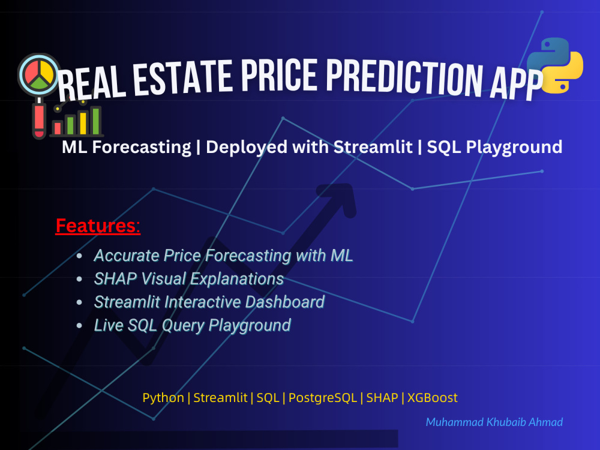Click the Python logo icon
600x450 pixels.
[554, 65]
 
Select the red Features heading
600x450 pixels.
[98, 226]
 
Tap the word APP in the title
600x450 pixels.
[514, 84]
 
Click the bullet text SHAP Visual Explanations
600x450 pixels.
[188, 279]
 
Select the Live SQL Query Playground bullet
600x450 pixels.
[192, 326]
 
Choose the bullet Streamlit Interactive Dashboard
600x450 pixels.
[209, 302]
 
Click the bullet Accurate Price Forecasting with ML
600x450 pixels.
[223, 256]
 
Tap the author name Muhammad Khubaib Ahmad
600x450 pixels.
[494, 422]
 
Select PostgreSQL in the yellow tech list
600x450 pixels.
[323, 397]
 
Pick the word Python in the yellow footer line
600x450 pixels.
[163, 397]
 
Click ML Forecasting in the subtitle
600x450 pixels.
[126, 147]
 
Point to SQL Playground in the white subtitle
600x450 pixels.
[494, 147]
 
